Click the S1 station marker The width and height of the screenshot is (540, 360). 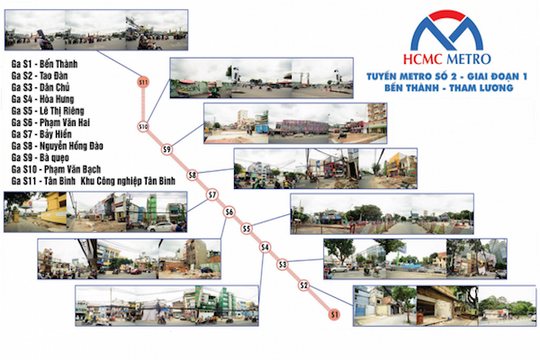click(x=334, y=315)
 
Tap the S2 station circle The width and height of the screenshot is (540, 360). click(x=302, y=286)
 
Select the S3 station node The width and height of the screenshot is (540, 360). click(x=283, y=265)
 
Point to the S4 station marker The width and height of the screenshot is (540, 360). click(x=265, y=247)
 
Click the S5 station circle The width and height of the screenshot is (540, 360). click(x=246, y=229)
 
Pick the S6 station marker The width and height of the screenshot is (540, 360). click(x=229, y=212)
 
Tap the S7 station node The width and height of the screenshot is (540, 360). click(x=212, y=195)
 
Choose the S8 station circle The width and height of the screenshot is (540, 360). click(x=192, y=174)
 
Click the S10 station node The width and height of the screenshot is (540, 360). click(x=143, y=127)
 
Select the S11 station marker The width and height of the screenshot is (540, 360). click(x=143, y=80)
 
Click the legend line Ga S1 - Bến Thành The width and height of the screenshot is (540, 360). click(x=44, y=62)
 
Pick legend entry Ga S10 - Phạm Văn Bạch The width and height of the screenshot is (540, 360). click(x=54, y=179)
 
